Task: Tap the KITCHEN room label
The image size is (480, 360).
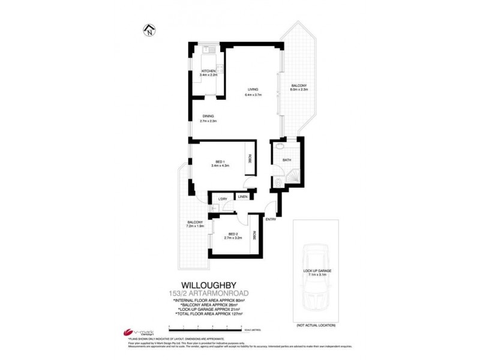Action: [x=208, y=71]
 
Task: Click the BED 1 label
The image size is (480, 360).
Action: [x=220, y=162]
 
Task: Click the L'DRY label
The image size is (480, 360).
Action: [x=222, y=199]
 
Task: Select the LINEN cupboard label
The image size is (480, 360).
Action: [x=242, y=197]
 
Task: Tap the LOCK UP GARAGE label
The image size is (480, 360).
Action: [x=317, y=271]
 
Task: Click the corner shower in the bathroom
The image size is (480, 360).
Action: [x=293, y=177]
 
